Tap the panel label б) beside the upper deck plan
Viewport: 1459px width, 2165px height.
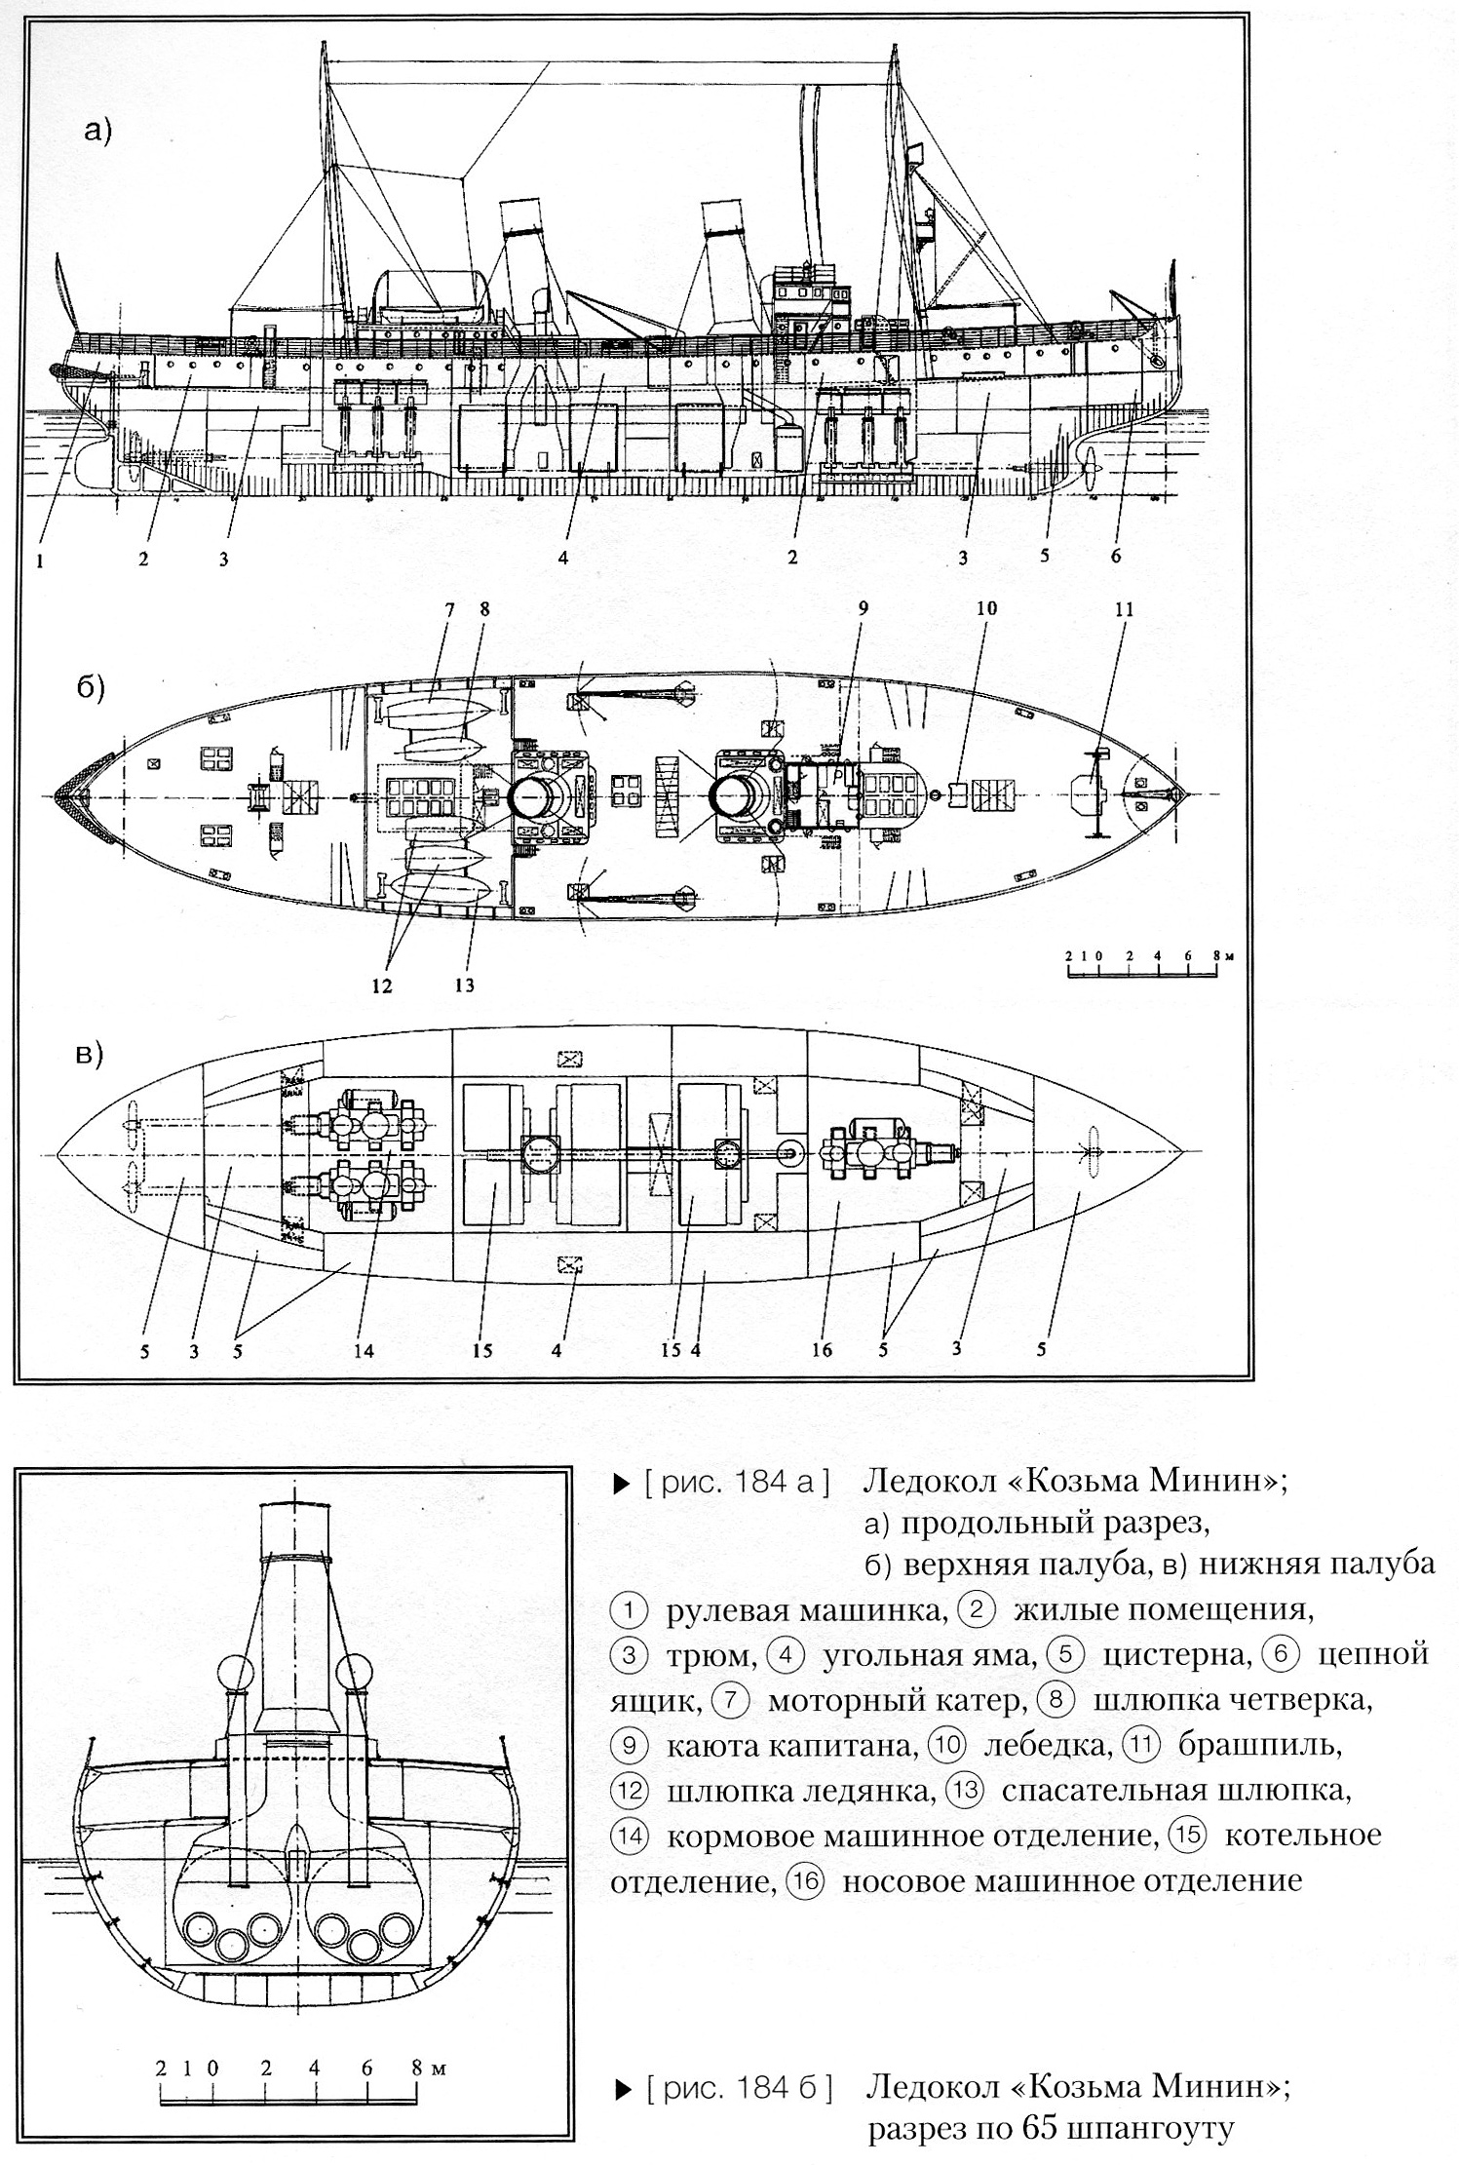[91, 685]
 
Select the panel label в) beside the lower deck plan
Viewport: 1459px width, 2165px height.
[91, 1056]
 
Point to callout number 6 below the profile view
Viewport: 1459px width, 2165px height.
[1116, 556]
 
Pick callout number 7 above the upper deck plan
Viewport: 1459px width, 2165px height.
[449, 609]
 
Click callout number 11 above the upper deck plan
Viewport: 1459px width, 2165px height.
[1124, 609]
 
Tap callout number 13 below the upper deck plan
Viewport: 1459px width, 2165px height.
[464, 985]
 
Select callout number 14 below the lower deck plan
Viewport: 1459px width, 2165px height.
[365, 1351]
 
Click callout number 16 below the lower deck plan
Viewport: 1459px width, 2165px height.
[822, 1350]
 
